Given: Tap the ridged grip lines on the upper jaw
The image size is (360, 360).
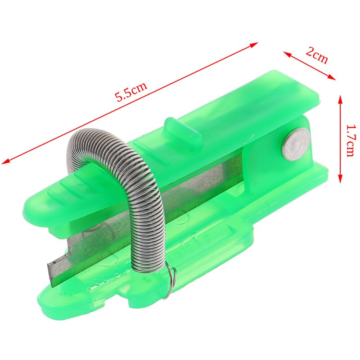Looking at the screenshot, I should (76, 189).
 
